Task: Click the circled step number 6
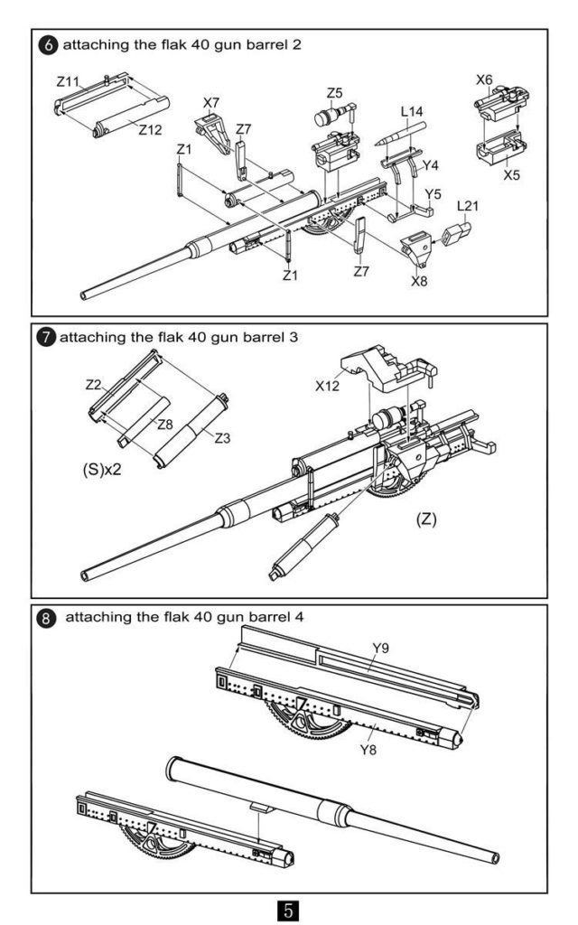click(x=48, y=45)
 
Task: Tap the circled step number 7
click(x=45, y=338)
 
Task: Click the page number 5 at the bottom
click(x=288, y=910)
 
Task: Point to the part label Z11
click(x=68, y=81)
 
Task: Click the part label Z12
click(x=151, y=130)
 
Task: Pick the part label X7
click(x=211, y=103)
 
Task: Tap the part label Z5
click(x=334, y=93)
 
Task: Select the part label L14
click(x=412, y=111)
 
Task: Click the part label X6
click(x=484, y=79)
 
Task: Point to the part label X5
click(x=512, y=175)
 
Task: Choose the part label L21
click(x=468, y=206)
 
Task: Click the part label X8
click(x=419, y=281)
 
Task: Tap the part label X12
click(x=327, y=386)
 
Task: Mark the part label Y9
click(x=381, y=649)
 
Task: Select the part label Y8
click(x=368, y=750)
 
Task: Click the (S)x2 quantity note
click(x=102, y=470)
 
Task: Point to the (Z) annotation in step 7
click(x=426, y=519)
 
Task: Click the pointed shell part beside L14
click(x=400, y=134)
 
